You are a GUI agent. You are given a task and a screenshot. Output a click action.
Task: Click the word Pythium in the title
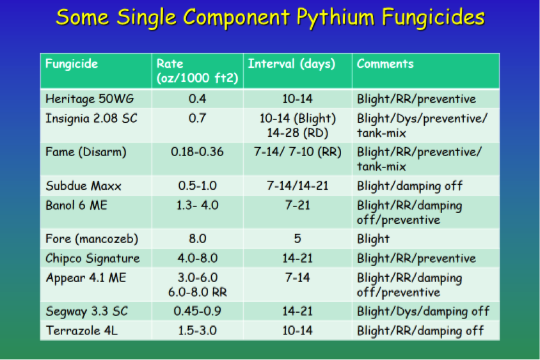click(x=336, y=18)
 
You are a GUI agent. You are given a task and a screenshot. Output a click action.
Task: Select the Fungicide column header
click(x=72, y=64)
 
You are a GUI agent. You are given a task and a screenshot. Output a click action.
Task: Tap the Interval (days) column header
click(x=292, y=64)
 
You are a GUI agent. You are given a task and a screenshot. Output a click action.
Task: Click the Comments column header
click(x=385, y=64)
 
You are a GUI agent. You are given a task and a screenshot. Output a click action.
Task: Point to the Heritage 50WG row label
click(x=90, y=99)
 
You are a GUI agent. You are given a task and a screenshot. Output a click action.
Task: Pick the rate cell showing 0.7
click(x=197, y=118)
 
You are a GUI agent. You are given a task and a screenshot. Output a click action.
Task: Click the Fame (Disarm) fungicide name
click(x=86, y=152)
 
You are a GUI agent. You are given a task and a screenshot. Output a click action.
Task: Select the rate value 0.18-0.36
click(x=197, y=152)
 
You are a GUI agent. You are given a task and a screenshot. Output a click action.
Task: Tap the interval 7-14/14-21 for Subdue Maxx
click(x=298, y=186)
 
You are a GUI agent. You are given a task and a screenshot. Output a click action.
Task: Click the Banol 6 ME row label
click(x=76, y=205)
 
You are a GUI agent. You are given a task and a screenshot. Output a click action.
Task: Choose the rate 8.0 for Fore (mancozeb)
click(x=197, y=239)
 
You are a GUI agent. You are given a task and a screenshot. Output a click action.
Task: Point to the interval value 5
click(x=298, y=239)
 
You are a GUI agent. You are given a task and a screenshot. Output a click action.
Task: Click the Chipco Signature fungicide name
click(x=93, y=258)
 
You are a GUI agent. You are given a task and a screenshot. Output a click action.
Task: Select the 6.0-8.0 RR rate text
click(x=197, y=292)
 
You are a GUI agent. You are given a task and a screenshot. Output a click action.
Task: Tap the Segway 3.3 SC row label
click(x=87, y=311)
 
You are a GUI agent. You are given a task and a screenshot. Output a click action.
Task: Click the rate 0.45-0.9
click(x=197, y=311)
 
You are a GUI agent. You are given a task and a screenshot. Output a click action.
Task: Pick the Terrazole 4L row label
click(x=82, y=331)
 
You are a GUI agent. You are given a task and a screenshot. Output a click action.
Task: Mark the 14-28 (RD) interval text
click(x=298, y=133)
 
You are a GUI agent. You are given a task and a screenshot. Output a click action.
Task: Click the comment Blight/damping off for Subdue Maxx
click(x=409, y=186)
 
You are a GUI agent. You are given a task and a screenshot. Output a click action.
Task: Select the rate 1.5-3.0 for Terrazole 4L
click(x=197, y=331)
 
